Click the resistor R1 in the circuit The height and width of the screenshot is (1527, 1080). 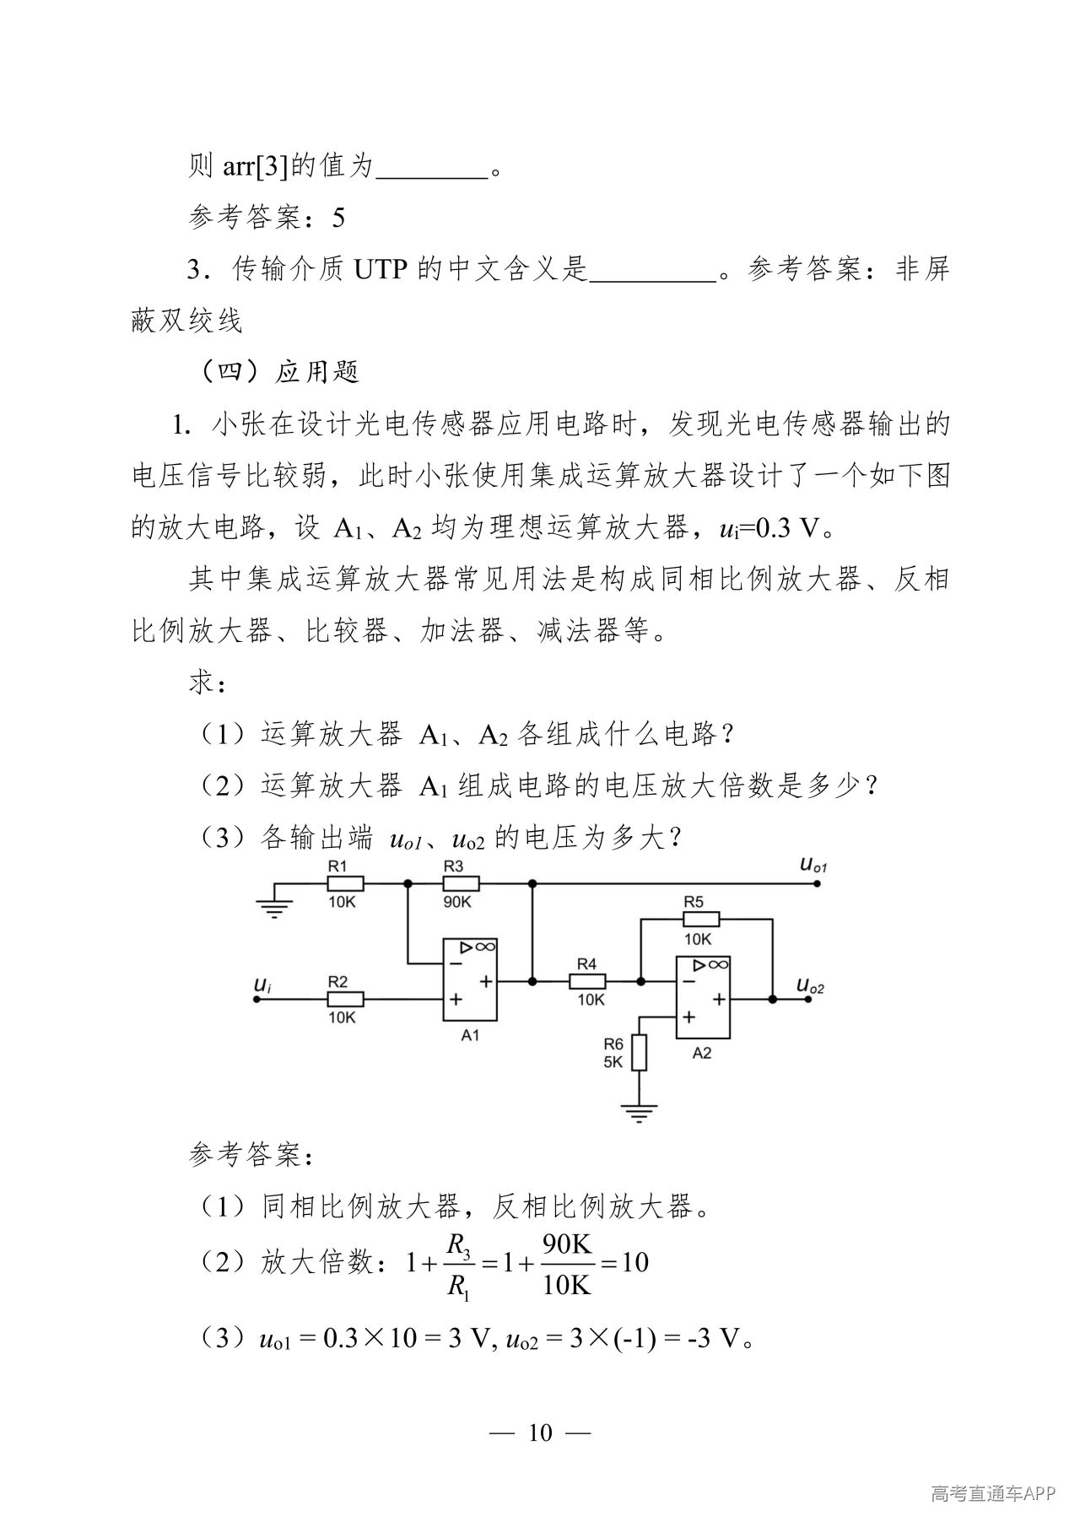pos(345,883)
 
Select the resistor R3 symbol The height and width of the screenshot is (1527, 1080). pos(461,883)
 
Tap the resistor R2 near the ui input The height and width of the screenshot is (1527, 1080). pos(345,999)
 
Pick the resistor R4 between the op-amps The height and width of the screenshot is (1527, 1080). pos(587,981)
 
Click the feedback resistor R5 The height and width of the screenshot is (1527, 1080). pos(701,919)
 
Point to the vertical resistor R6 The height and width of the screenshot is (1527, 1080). pos(640,1052)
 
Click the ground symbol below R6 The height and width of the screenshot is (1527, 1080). pos(640,1114)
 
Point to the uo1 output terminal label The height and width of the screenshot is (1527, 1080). pos(813,864)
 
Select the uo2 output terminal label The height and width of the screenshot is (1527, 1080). pos(811,985)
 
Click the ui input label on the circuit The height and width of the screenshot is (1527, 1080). pos(262,984)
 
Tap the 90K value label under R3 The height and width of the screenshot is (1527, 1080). pos(457,902)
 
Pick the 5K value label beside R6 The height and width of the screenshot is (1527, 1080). pos(613,1062)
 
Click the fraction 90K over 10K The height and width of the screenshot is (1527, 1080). pos(567,1263)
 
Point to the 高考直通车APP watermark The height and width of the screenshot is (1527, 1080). pos(994,1495)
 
